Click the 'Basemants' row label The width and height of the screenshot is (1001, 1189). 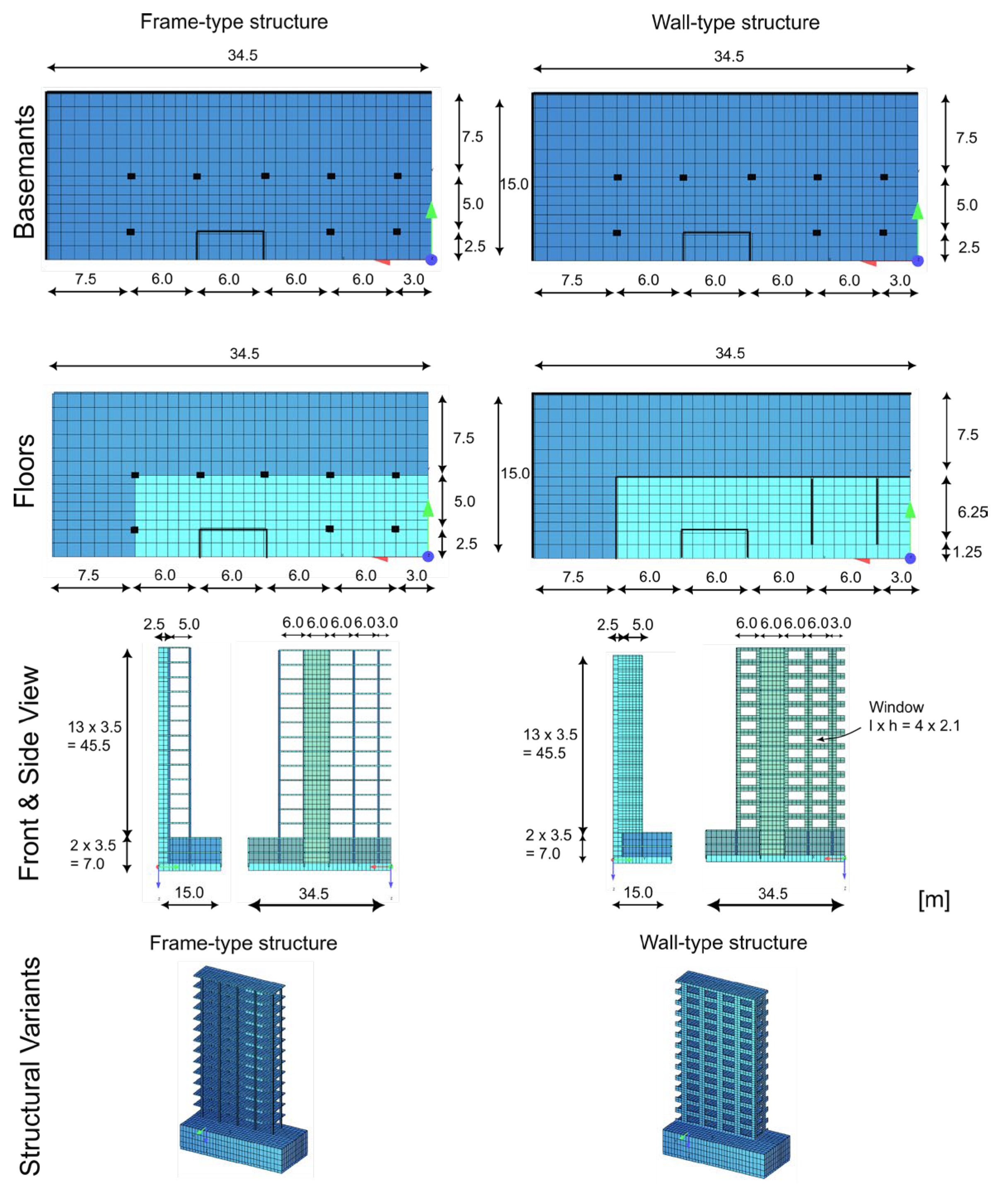click(25, 172)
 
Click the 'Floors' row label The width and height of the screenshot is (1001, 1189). click(25, 471)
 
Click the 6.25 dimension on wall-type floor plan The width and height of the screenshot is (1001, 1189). click(972, 512)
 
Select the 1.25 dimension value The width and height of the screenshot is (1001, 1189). click(967, 552)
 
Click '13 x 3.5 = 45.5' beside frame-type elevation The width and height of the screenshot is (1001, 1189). click(94, 736)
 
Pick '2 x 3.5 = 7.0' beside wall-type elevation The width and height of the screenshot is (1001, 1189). click(548, 844)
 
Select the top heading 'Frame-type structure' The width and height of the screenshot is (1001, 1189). click(234, 22)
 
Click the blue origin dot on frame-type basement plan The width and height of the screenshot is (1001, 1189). click(431, 259)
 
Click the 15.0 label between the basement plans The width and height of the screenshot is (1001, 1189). click(514, 184)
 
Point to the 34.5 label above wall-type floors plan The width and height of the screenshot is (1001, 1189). click(730, 353)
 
